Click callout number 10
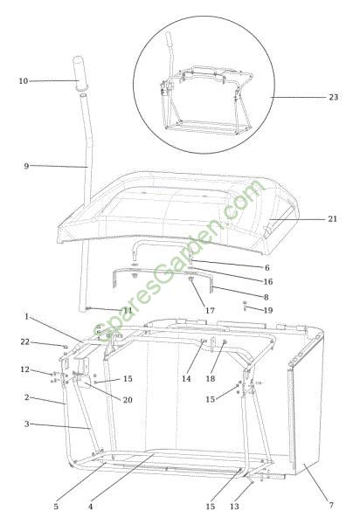pos(23,81)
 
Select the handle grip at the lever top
pos(80,73)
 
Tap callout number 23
pos(334,97)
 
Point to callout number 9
pos(26,166)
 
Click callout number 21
pos(332,219)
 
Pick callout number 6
pos(267,268)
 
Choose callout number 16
pos(268,282)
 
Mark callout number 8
pos(267,297)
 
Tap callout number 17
pos(210,310)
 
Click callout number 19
pos(268,310)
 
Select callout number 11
pos(128,310)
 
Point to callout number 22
pos(25,341)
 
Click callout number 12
pos(25,369)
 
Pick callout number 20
pos(128,400)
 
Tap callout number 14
pos(186,379)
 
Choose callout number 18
pos(211,379)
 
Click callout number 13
pos(235,507)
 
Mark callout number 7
pos(331,505)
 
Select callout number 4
pos(91,507)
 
